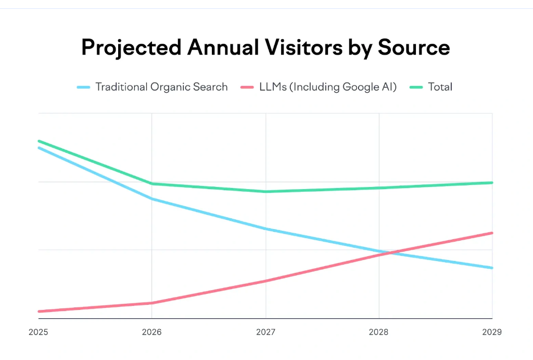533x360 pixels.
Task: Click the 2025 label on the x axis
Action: click(x=39, y=332)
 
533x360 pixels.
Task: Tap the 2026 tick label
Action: click(x=151, y=332)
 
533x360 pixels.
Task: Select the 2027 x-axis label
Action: click(x=266, y=332)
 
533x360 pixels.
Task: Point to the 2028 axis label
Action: click(x=379, y=332)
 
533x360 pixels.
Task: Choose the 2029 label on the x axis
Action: click(x=492, y=332)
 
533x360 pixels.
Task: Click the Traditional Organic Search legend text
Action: click(x=161, y=87)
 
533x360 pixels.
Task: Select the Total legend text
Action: click(x=440, y=87)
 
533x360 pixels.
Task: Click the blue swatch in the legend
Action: click(x=84, y=87)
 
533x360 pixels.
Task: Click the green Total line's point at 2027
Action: click(x=266, y=192)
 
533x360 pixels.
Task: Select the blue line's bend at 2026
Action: click(x=151, y=198)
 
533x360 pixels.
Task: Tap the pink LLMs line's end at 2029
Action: click(x=492, y=233)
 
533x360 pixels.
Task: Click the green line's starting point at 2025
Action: click(x=39, y=141)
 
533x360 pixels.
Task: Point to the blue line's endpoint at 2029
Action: click(x=492, y=268)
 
